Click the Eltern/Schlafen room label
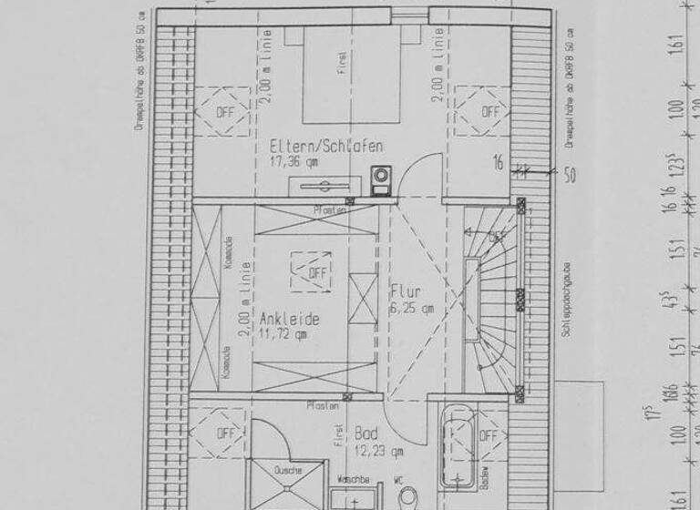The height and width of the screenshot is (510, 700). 325,146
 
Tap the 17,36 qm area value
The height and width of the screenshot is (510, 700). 293,162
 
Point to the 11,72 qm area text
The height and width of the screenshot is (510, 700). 283,335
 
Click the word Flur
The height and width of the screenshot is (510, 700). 406,292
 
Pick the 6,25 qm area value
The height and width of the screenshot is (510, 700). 412,309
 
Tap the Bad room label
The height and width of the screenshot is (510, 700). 366,434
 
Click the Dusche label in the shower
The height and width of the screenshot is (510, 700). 287,471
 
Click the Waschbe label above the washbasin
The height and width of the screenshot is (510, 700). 352,478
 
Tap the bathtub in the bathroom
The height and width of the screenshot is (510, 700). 456,451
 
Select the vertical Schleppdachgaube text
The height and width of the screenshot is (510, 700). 566,301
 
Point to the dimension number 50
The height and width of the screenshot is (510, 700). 569,176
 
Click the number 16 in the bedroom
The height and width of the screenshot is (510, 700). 498,164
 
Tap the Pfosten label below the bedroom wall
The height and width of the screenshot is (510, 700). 329,210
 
